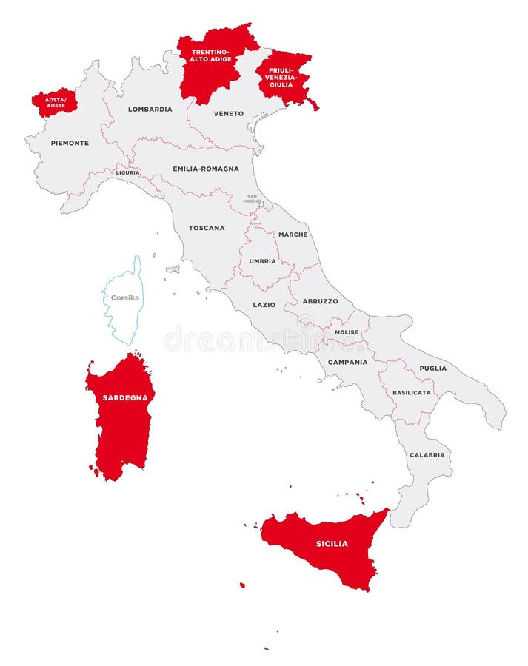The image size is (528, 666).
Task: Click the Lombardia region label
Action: pyautogui.click(x=150, y=109)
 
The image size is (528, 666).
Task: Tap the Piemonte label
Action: pyautogui.click(x=70, y=143)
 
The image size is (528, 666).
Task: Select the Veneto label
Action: pyautogui.click(x=228, y=113)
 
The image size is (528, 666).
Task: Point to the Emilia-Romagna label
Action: pyautogui.click(x=206, y=169)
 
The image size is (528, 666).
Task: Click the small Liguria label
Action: pyautogui.click(x=127, y=172)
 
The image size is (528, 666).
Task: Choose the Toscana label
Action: pyautogui.click(x=207, y=228)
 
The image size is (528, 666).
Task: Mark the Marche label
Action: pyautogui.click(x=293, y=235)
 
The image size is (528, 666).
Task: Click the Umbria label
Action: pyautogui.click(x=262, y=261)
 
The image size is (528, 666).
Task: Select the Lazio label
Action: pyautogui.click(x=264, y=304)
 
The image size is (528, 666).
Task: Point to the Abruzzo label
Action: pyautogui.click(x=320, y=301)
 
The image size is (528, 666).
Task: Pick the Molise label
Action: pyautogui.click(x=346, y=332)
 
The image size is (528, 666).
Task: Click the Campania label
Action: pyautogui.click(x=348, y=362)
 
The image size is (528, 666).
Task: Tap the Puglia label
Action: pyautogui.click(x=432, y=368)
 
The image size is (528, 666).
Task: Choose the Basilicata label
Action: pyautogui.click(x=412, y=392)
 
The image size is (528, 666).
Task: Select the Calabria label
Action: pyautogui.click(x=427, y=454)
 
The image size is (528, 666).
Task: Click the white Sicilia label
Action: pyautogui.click(x=332, y=544)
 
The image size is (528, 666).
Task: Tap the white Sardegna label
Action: pyautogui.click(x=125, y=397)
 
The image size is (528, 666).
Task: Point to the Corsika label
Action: pyautogui.click(x=124, y=298)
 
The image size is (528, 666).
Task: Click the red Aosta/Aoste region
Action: pyautogui.click(x=54, y=102)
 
